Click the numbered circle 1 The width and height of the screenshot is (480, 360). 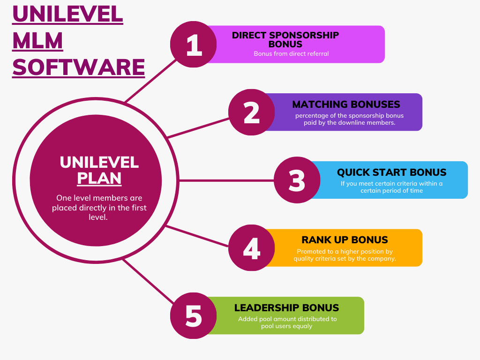click(194, 45)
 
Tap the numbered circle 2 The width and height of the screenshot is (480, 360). click(252, 112)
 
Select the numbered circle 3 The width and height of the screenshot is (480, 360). click(297, 180)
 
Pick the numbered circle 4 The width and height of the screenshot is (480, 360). click(252, 247)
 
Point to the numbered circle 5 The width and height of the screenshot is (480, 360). click(194, 315)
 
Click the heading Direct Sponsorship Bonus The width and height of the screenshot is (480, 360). click(285, 40)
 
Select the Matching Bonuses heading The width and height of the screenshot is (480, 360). click(346, 105)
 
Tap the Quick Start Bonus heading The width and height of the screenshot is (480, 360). click(391, 172)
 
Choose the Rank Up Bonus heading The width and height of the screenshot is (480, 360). click(345, 240)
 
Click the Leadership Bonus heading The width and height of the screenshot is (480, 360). click(286, 307)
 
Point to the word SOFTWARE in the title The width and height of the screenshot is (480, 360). click(78, 67)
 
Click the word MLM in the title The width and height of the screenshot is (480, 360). click(37, 41)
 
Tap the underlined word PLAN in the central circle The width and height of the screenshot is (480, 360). click(99, 178)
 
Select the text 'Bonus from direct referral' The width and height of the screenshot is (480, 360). click(291, 53)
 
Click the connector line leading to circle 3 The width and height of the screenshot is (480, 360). click(226, 180)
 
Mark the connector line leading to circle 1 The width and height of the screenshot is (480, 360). click(150, 81)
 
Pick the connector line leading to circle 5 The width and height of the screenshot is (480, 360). click(148, 281)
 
